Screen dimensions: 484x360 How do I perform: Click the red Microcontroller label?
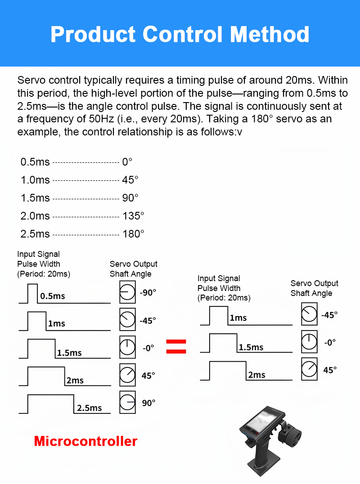[85, 441]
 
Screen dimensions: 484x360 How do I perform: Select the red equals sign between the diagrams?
[176, 346]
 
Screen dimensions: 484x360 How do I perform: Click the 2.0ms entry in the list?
[35, 216]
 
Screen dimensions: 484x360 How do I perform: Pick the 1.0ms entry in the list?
[35, 180]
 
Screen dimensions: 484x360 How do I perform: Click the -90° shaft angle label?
[148, 292]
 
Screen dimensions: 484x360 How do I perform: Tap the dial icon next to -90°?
[127, 293]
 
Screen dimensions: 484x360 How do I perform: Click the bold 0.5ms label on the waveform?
[53, 296]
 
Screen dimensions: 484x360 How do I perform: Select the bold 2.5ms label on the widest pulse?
[89, 408]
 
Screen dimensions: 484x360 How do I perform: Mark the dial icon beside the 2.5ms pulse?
[127, 402]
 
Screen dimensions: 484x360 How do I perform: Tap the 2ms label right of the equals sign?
[256, 375]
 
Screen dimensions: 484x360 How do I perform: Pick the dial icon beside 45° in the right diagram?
[309, 369]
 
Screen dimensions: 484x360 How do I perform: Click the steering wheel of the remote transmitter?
[293, 438]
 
